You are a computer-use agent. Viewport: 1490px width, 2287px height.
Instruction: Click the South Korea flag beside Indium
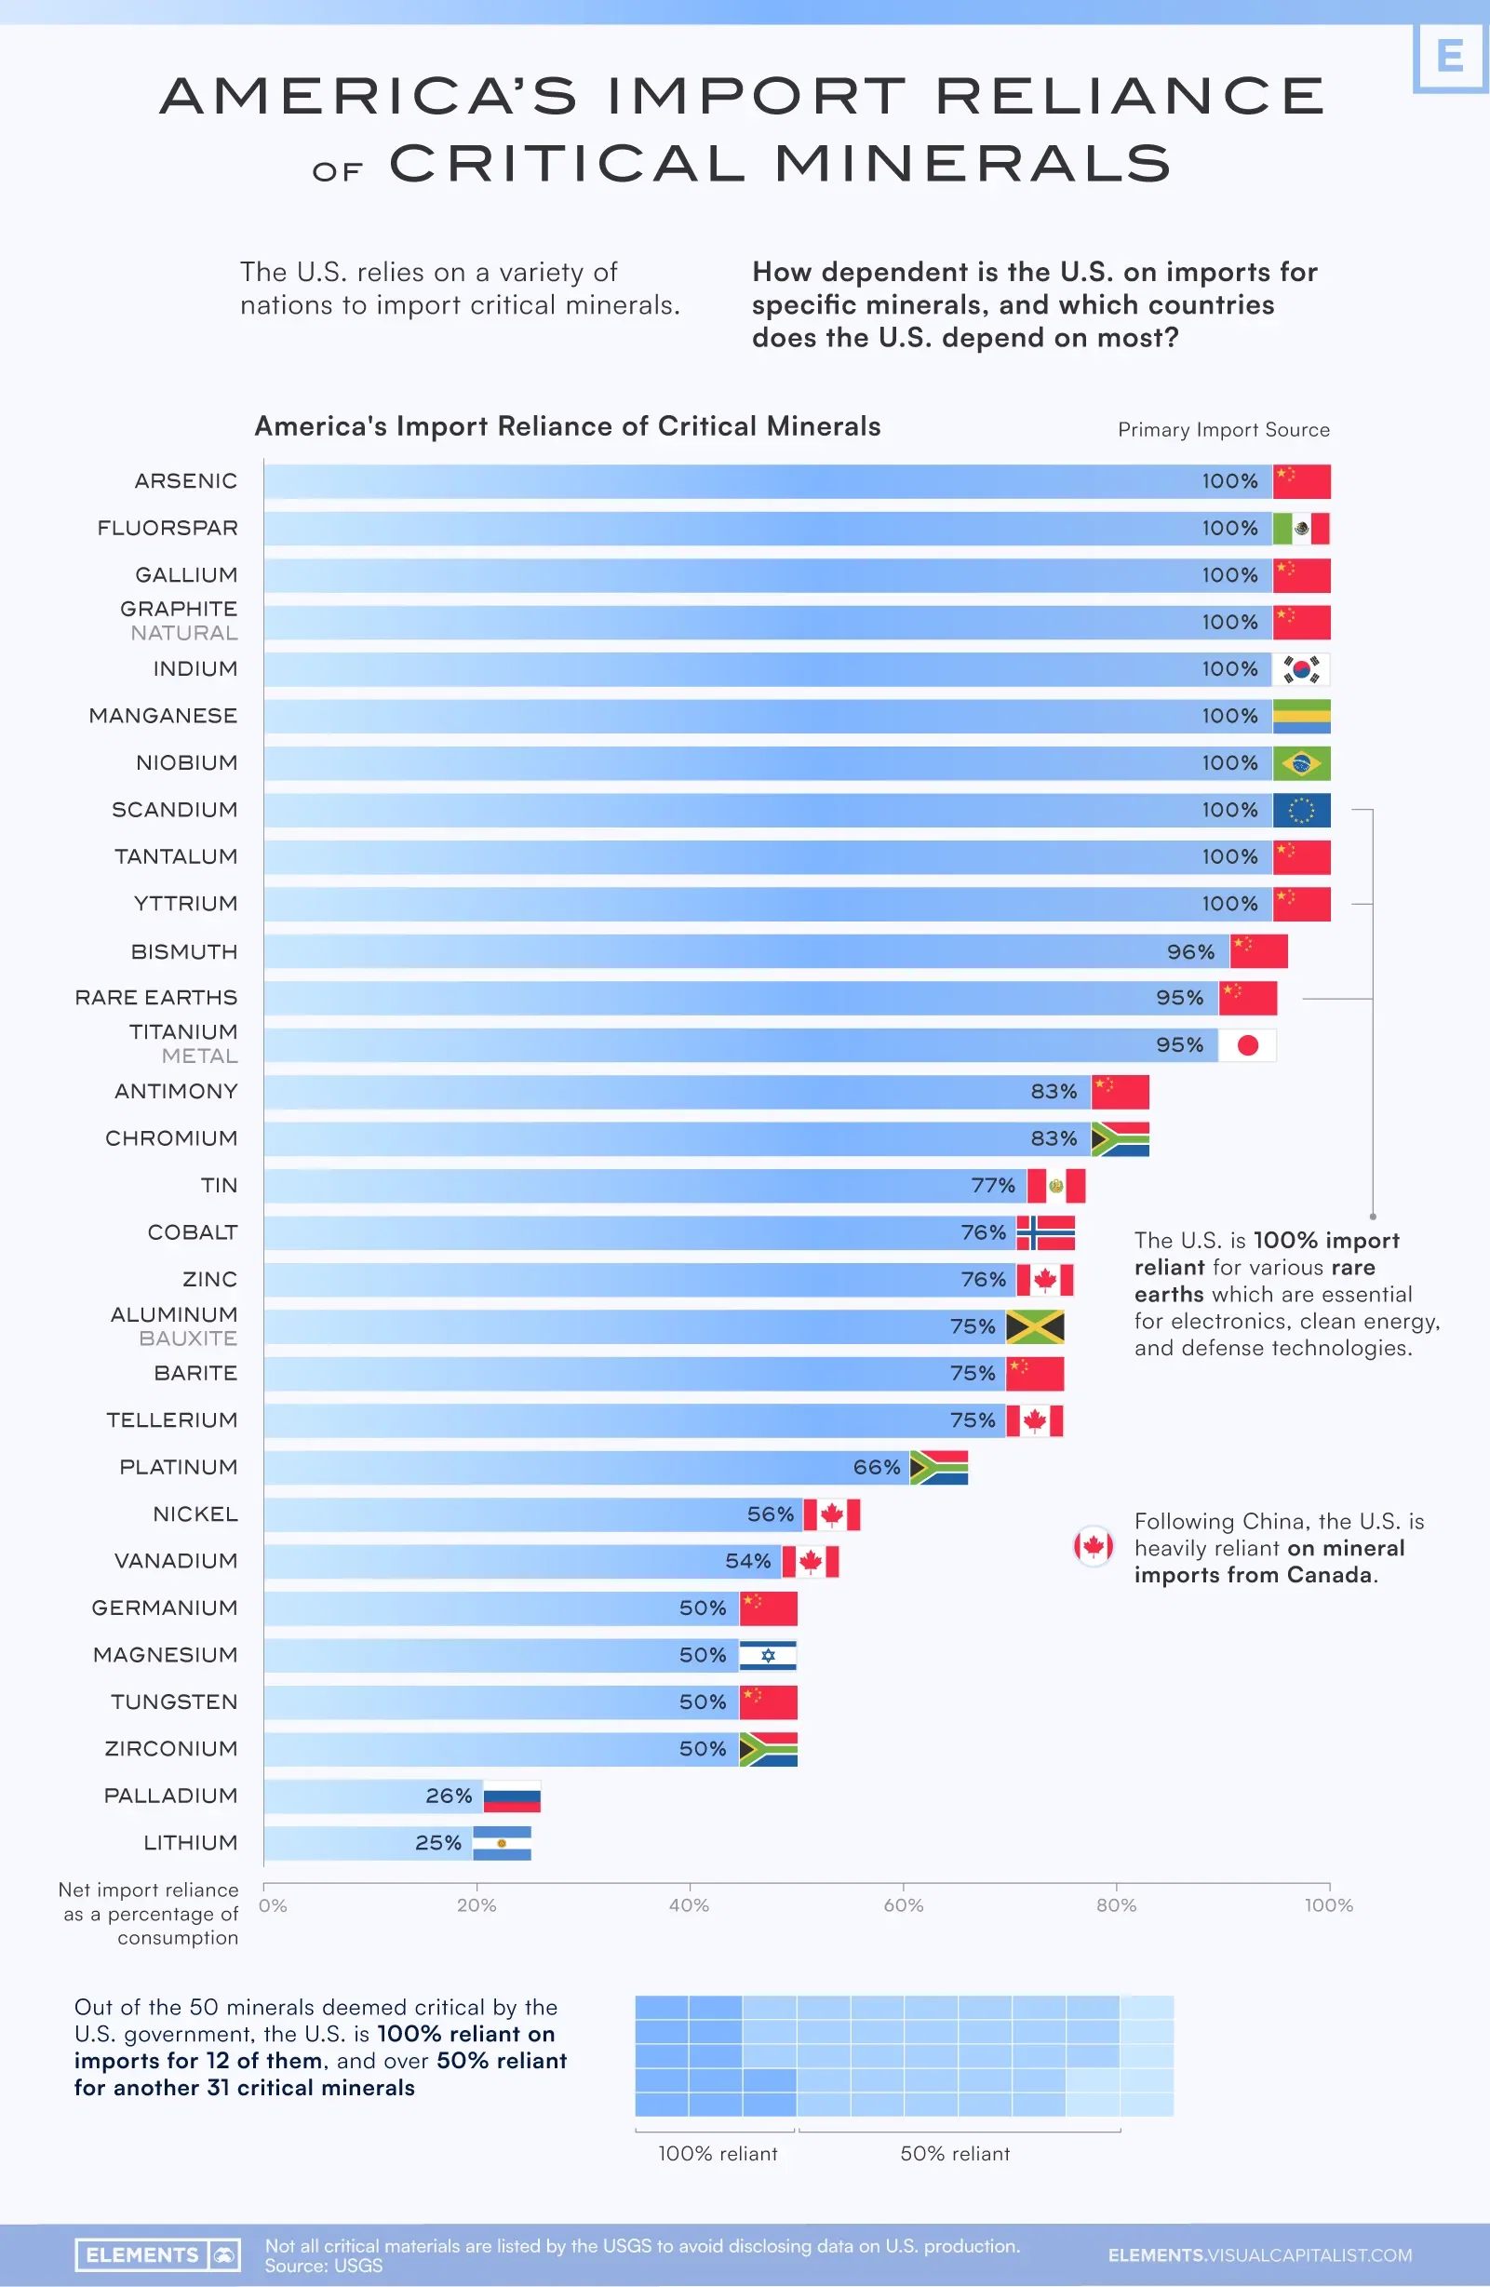tap(1301, 669)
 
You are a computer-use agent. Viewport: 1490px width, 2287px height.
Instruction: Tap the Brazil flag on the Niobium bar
tap(1301, 763)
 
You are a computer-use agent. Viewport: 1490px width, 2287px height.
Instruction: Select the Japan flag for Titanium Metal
tap(1247, 1044)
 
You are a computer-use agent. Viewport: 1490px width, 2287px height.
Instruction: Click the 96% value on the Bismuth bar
tap(1190, 951)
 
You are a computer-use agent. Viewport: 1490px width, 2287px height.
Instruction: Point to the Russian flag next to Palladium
tap(511, 1796)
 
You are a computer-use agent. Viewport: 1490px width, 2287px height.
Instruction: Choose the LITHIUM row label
tap(190, 1842)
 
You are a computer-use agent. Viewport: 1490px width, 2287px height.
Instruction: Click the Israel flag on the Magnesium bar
tap(768, 1655)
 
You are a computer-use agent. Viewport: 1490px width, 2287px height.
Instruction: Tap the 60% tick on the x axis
tap(903, 1904)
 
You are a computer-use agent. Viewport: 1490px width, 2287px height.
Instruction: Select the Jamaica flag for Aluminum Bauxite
tap(1035, 1326)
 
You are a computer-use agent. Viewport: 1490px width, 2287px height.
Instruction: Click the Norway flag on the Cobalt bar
tap(1045, 1231)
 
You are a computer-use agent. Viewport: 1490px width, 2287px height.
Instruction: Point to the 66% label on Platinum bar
tap(876, 1467)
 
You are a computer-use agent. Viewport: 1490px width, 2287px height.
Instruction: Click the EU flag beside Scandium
tap(1301, 810)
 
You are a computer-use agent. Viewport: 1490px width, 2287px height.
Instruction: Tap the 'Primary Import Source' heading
tap(1223, 429)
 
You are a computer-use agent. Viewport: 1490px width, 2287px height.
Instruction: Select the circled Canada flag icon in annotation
tap(1094, 1546)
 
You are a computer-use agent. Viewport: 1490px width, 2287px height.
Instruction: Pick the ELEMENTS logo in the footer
tap(157, 2254)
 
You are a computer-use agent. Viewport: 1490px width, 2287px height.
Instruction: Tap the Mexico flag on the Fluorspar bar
tap(1301, 529)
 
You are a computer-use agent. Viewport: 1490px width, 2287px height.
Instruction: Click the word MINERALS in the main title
tap(973, 164)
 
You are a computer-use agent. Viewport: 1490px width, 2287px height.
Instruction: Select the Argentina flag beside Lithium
tap(502, 1843)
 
